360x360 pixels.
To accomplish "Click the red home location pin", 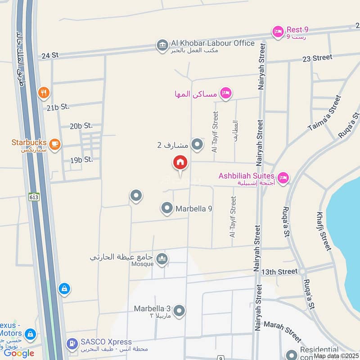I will coord(180,162).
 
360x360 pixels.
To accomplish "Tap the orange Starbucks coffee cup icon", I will coord(55,144).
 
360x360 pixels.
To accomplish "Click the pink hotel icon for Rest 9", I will coord(278,31).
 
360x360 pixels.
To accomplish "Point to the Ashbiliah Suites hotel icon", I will coord(283,178).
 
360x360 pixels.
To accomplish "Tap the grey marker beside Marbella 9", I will coord(167,208).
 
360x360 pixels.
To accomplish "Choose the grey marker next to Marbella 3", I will coord(179,310).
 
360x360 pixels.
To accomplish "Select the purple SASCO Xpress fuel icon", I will coord(72,344).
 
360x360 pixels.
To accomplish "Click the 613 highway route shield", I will coord(34,197).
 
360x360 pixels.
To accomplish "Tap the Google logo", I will coord(19,353).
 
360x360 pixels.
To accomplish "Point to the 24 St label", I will coord(50,56).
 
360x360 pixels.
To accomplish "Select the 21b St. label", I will coord(58,107).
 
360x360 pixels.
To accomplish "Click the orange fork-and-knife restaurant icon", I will coord(44,93).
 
